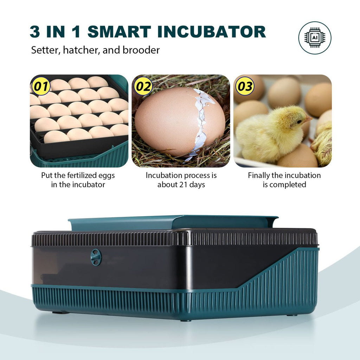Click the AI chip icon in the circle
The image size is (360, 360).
click(x=315, y=38)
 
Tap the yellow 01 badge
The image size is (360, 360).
click(x=41, y=86)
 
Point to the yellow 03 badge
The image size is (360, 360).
click(x=245, y=86)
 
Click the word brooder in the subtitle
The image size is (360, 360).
click(x=141, y=50)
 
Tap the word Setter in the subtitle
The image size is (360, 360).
click(x=46, y=50)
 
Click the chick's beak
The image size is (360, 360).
click(x=308, y=118)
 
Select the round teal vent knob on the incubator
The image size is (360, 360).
click(x=96, y=257)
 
